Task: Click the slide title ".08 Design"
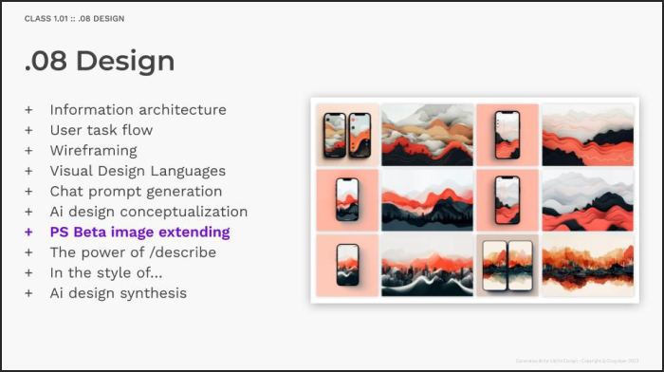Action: pyautogui.click(x=100, y=61)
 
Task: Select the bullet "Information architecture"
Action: pyautogui.click(x=138, y=109)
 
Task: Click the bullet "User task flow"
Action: pyautogui.click(x=101, y=130)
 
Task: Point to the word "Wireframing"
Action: pyautogui.click(x=93, y=150)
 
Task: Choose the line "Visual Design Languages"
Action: pyautogui.click(x=138, y=171)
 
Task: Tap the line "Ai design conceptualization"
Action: pyautogui.click(x=149, y=212)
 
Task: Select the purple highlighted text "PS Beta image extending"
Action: pyautogui.click(x=139, y=232)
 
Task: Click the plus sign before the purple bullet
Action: pyautogui.click(x=28, y=232)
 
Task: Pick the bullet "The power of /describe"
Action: pyautogui.click(x=133, y=252)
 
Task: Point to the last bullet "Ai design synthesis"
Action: pyautogui.click(x=119, y=293)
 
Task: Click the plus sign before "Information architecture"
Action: pyautogui.click(x=28, y=109)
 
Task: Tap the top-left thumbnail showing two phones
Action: pyautogui.click(x=346, y=134)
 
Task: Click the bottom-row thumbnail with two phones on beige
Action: pyautogui.click(x=507, y=265)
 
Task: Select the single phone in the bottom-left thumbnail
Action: pyautogui.click(x=347, y=265)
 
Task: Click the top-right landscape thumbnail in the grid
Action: pyautogui.click(x=586, y=134)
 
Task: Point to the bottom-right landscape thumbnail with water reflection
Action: pyautogui.click(x=586, y=265)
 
